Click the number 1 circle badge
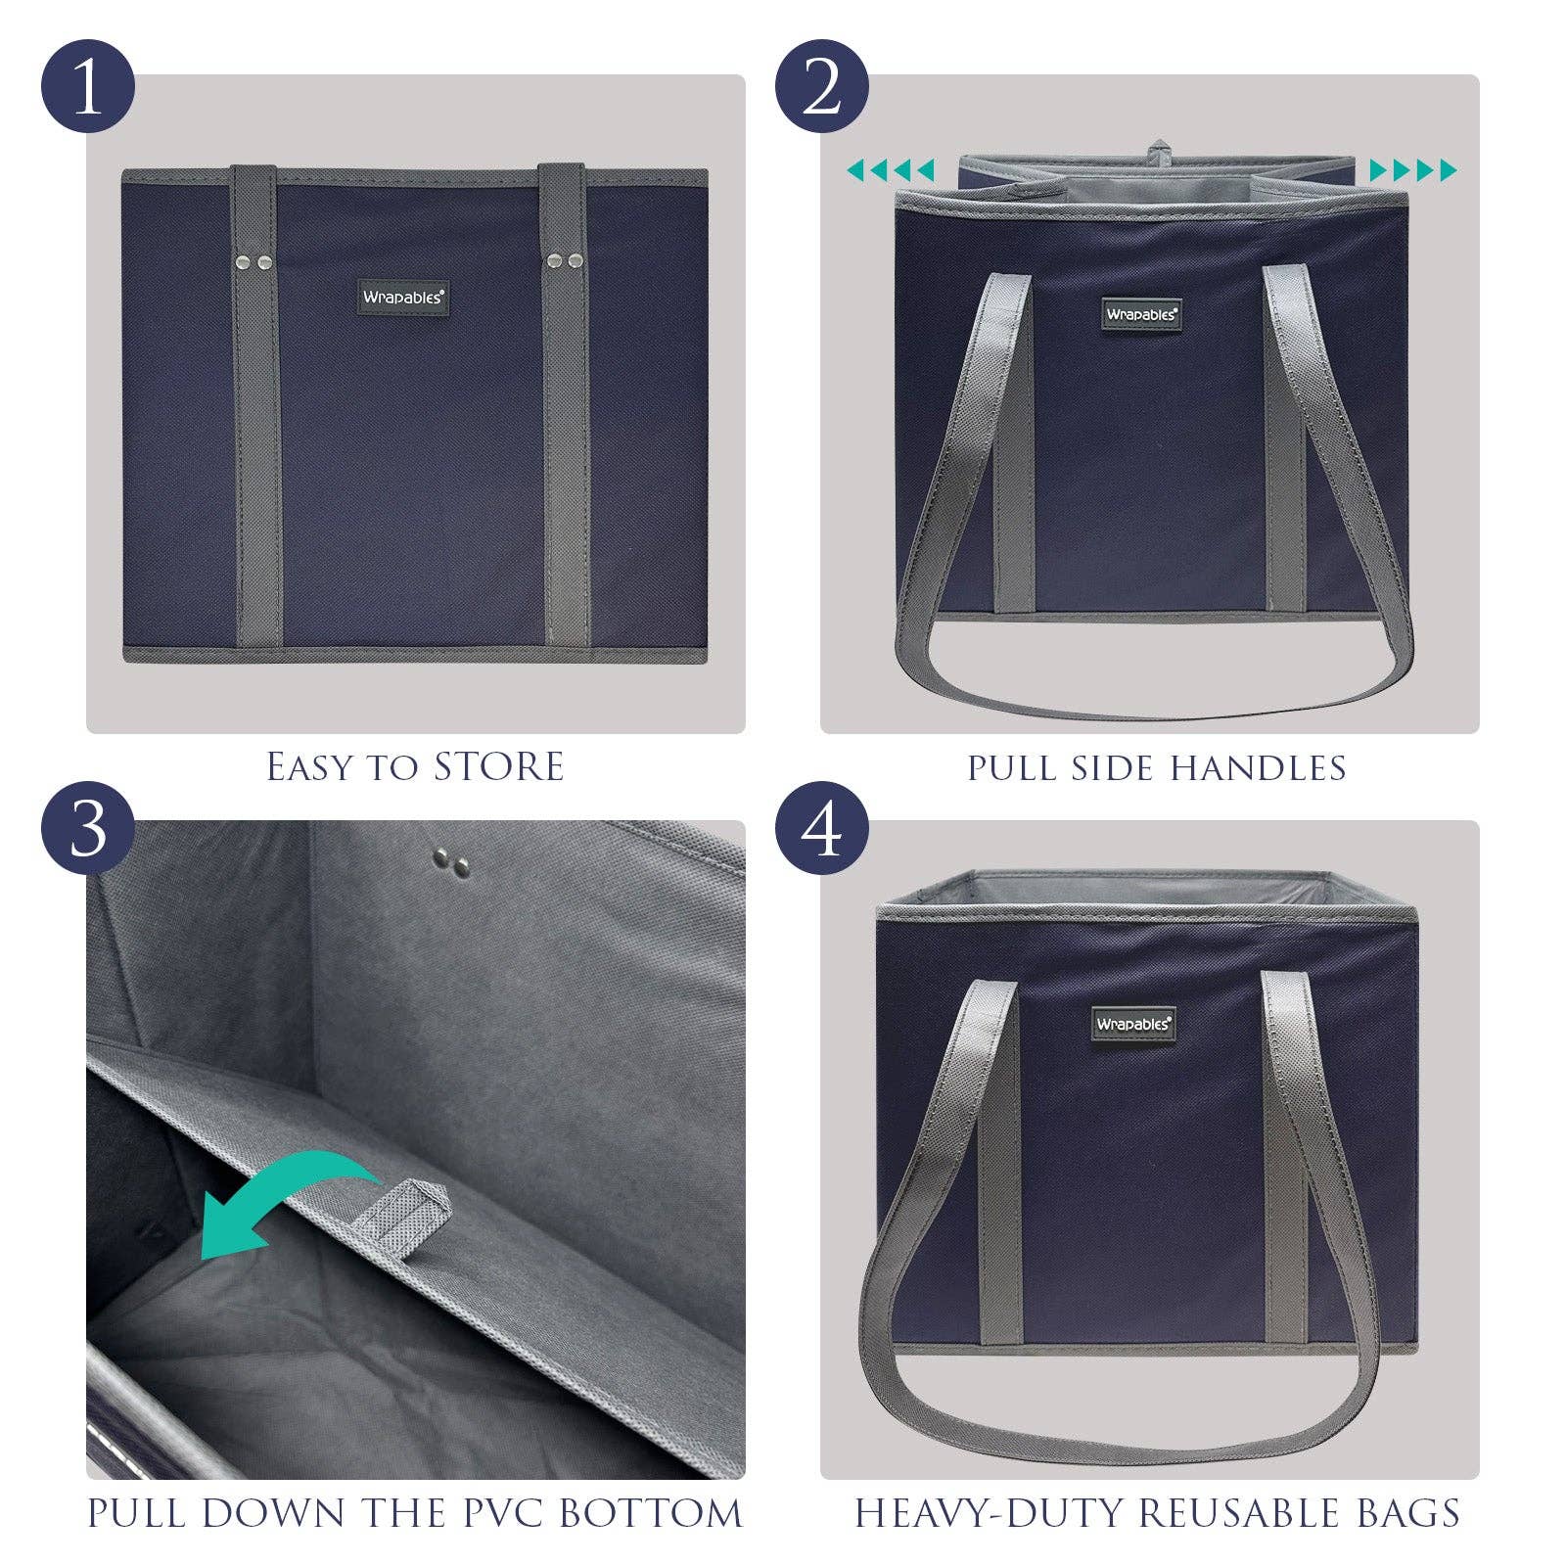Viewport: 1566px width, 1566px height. tap(87, 87)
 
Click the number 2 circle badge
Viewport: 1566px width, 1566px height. tap(821, 87)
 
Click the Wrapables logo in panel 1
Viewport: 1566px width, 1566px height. tap(403, 297)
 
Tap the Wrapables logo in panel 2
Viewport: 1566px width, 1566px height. tap(1141, 314)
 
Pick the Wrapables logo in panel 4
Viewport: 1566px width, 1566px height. tap(1132, 1024)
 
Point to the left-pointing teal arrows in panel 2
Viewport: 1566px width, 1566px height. tap(891, 170)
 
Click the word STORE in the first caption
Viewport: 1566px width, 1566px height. tap(498, 766)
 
